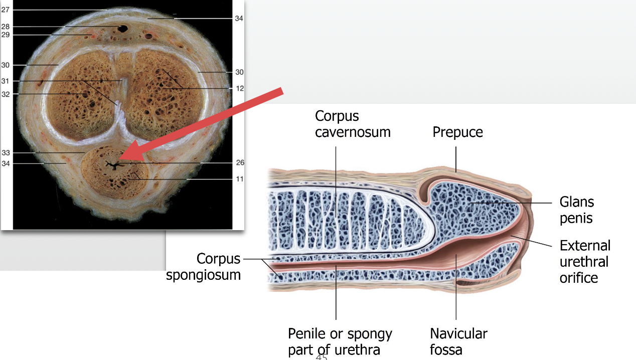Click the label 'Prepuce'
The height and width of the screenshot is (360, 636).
click(457, 132)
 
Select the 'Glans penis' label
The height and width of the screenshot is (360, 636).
click(577, 210)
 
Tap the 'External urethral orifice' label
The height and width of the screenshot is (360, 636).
click(585, 261)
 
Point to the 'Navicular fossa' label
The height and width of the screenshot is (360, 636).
click(458, 341)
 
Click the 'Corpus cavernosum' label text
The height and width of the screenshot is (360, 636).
click(353, 124)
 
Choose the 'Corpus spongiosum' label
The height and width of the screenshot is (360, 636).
click(204, 266)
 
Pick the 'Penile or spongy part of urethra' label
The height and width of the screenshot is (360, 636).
click(340, 341)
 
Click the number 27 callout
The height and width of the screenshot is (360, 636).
click(5, 9)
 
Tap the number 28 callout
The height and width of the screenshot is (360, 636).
click(5, 26)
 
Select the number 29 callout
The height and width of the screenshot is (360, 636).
click(5, 35)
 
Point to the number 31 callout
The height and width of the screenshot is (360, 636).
click(5, 81)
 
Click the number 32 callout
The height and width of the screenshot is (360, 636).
click(5, 94)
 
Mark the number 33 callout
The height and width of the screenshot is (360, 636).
click(5, 152)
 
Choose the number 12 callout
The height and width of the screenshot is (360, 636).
click(240, 88)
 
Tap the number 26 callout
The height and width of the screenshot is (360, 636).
click(240, 162)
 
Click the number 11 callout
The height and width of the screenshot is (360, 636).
click(240, 178)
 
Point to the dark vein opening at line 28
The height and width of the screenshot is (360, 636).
click(122, 28)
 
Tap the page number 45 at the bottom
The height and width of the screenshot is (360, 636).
click(321, 357)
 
